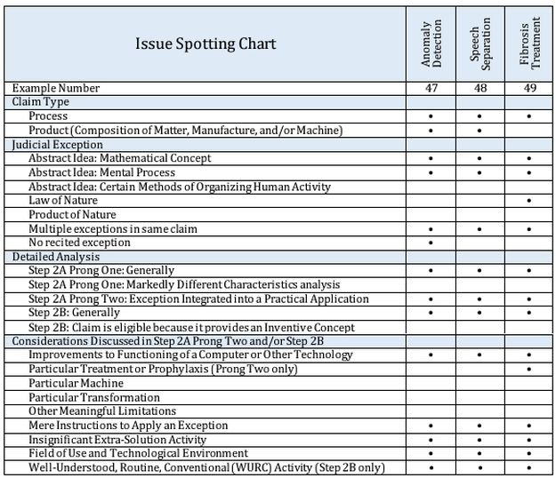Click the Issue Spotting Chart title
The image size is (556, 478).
point(205,44)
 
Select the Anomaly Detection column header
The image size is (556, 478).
point(431,44)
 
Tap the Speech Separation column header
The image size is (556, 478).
point(479,44)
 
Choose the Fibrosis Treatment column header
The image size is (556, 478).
point(528,44)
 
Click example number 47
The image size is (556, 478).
point(431,88)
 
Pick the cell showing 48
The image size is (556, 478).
point(479,88)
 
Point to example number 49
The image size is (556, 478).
point(528,88)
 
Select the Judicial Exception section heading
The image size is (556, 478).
point(57,145)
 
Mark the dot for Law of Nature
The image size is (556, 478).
point(528,201)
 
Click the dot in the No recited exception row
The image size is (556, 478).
point(431,243)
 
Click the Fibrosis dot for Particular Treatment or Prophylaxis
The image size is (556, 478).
point(528,369)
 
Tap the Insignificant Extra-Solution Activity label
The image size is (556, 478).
point(117,439)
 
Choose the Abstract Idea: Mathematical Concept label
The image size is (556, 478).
point(120,158)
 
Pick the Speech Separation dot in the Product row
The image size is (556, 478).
point(479,131)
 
